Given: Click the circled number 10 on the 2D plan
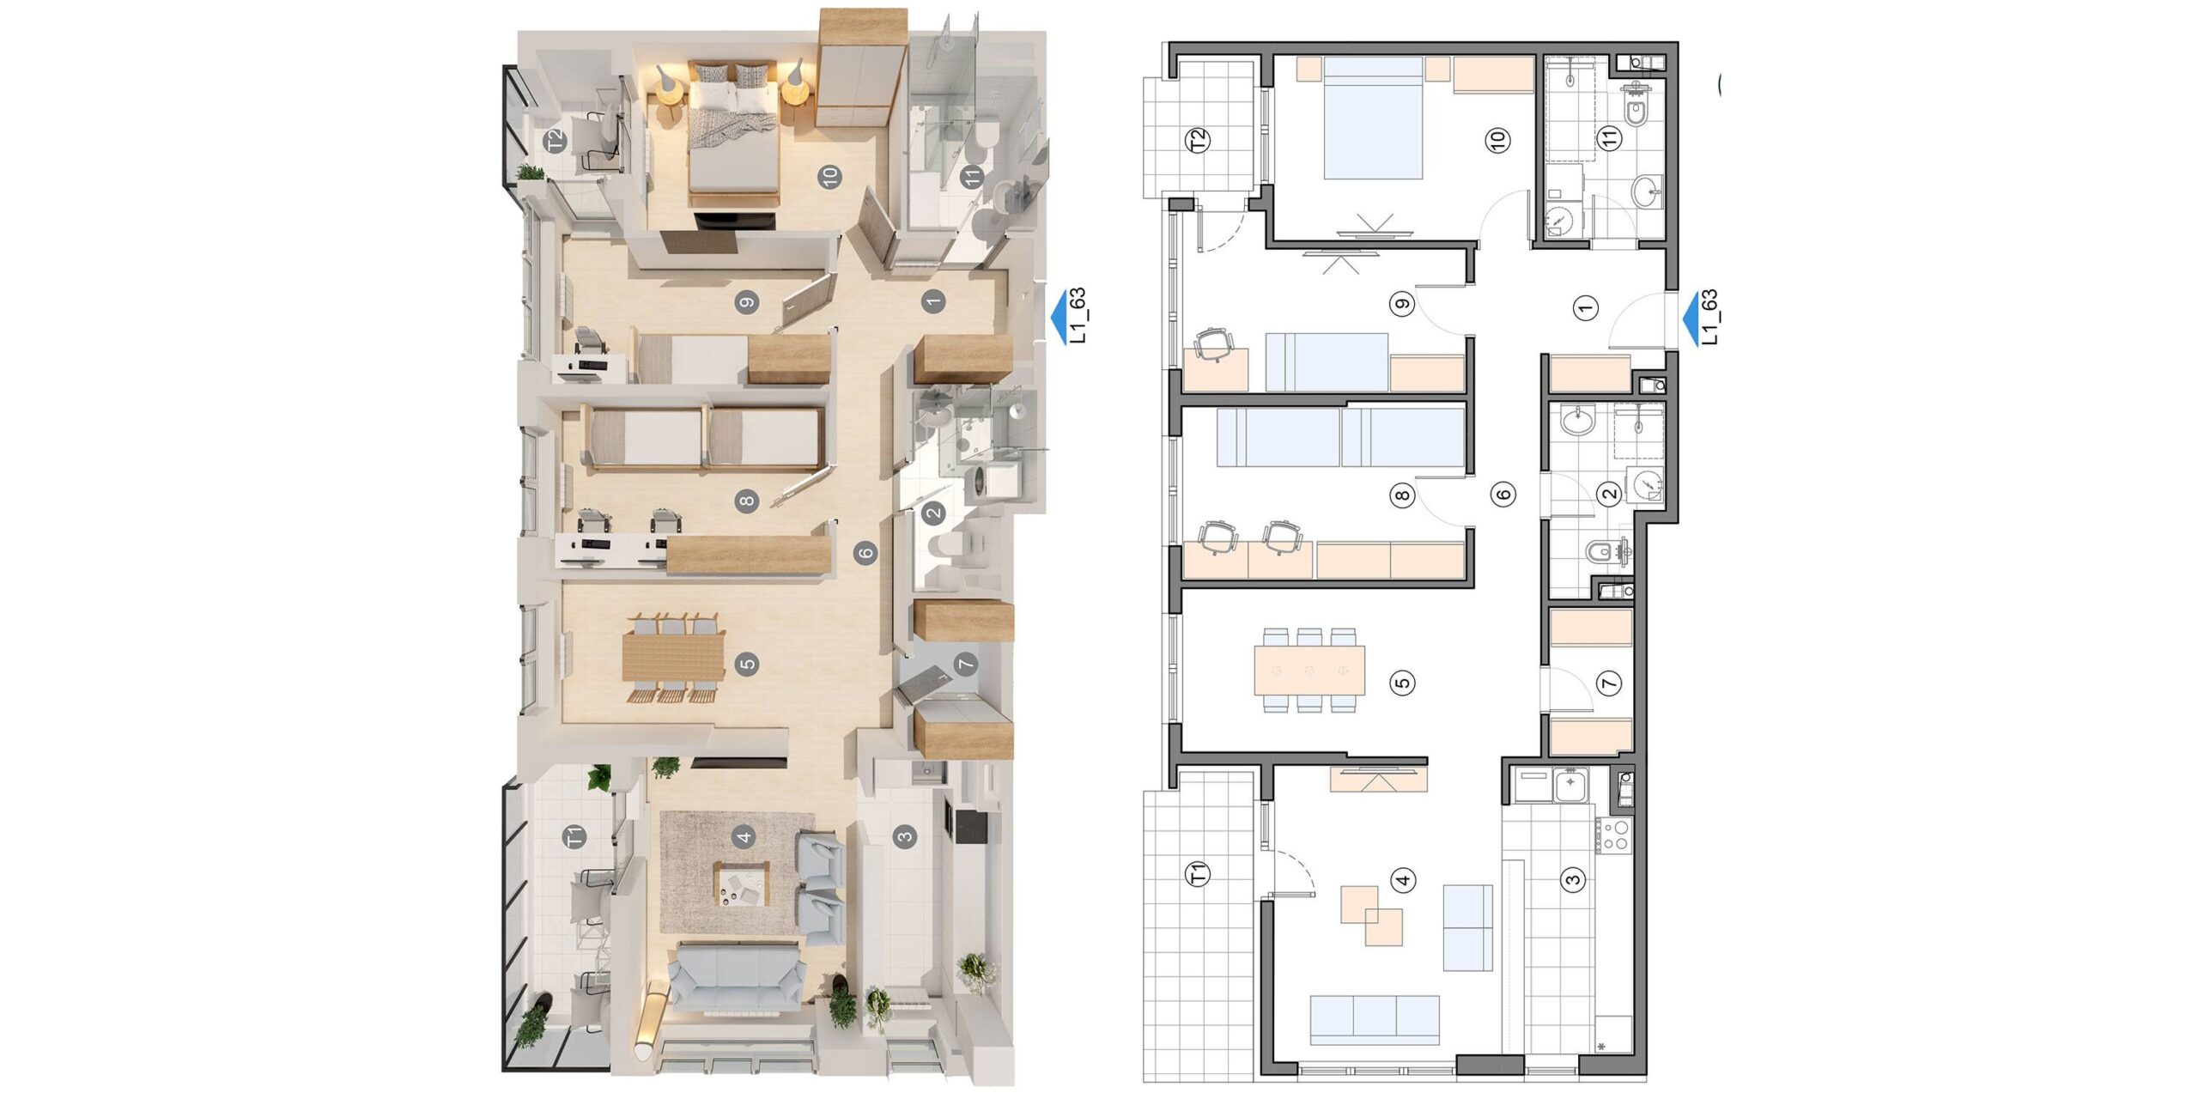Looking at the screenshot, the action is coord(1498,141).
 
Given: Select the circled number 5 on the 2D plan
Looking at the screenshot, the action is coord(1402,683).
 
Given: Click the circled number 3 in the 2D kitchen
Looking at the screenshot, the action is coord(1573,879).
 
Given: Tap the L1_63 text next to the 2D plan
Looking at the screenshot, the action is coord(1709,318).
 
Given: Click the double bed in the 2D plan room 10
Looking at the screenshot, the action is coord(1374,118).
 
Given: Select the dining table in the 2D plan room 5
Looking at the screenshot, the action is coord(1308,671).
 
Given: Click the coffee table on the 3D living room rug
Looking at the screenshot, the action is coord(743,884).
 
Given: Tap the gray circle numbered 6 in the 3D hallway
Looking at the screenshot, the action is coord(865,552).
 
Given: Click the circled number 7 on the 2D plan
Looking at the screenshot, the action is coord(1608,683).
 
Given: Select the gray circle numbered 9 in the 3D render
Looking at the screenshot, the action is coord(747,301).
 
